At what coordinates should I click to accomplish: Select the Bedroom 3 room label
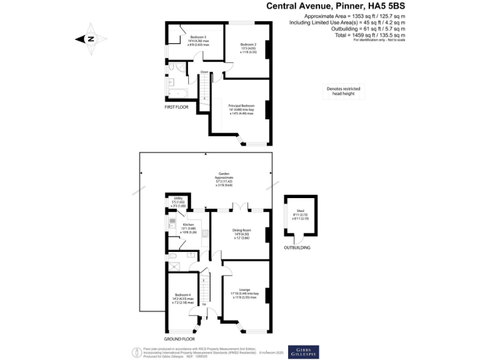tap(198, 41)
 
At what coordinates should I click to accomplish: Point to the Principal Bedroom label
tap(241, 109)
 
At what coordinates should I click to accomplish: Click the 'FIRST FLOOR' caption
tap(177, 107)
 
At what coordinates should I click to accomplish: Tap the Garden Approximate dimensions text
tap(223, 179)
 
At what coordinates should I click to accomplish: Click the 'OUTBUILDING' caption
tap(296, 247)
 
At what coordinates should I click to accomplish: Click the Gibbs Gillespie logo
tap(303, 352)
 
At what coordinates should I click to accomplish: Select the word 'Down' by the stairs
tap(205, 72)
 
